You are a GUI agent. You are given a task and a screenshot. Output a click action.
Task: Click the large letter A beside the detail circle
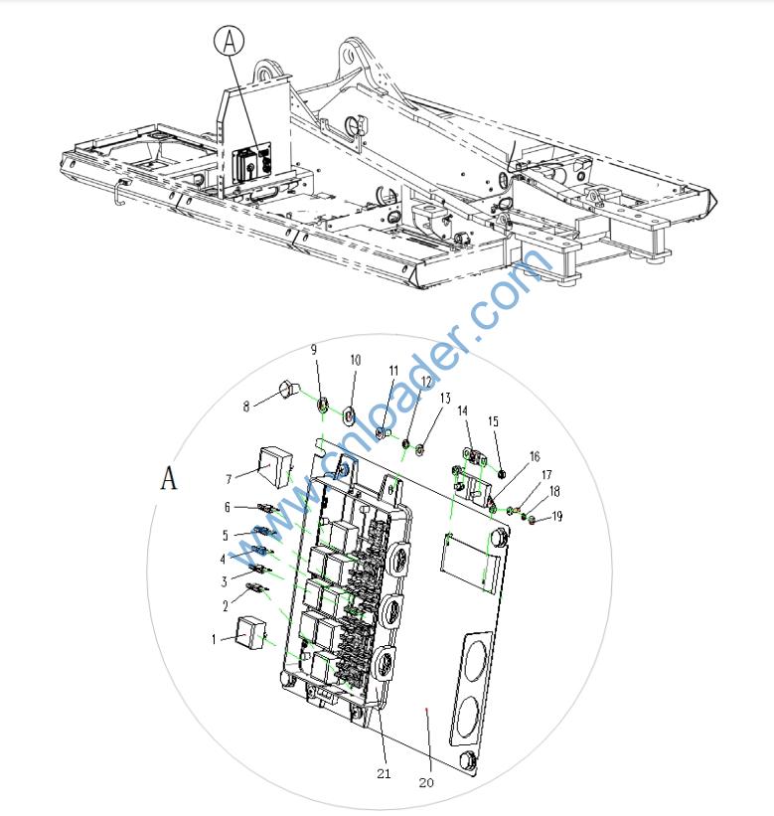click(x=170, y=478)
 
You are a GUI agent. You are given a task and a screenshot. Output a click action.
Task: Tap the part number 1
click(x=213, y=639)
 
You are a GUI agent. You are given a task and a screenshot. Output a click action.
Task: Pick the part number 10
click(x=356, y=360)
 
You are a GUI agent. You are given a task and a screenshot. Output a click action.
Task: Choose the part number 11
click(x=393, y=371)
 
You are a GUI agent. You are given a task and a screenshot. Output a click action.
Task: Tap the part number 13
click(x=444, y=399)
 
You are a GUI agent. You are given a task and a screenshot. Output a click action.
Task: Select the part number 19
click(x=557, y=516)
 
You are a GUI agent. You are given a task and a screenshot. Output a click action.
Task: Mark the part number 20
click(x=426, y=782)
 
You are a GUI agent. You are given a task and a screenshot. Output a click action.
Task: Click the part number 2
click(x=226, y=604)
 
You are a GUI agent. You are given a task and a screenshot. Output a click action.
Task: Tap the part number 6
click(x=227, y=507)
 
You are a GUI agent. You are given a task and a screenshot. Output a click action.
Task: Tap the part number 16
click(x=535, y=457)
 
